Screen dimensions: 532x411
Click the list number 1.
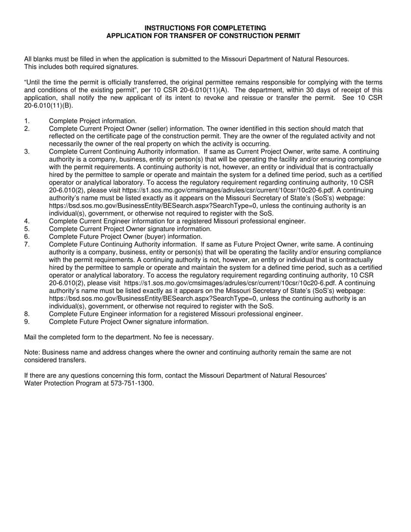click(x=27, y=121)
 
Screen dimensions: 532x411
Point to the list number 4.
click(x=27, y=221)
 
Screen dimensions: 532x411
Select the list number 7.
click(x=27, y=244)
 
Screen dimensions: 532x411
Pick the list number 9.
click(x=27, y=322)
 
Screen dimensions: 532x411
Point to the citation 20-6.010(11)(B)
click(x=48, y=106)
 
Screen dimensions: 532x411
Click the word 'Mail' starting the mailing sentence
click(x=31, y=337)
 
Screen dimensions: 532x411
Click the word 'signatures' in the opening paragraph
click(x=122, y=67)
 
